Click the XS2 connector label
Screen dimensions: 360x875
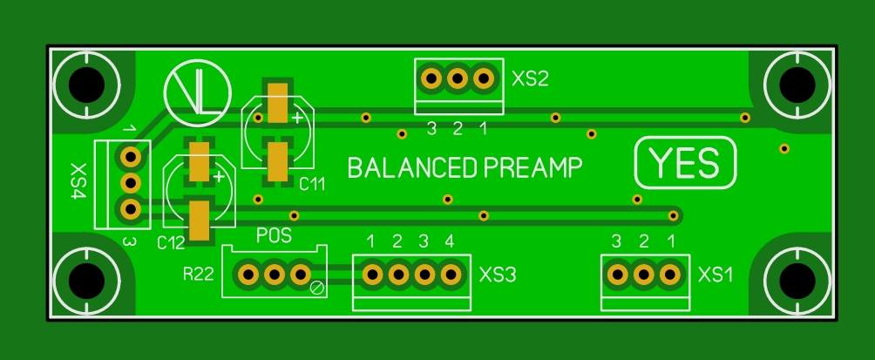click(531, 79)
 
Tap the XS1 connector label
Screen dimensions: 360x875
click(716, 275)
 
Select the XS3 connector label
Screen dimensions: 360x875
click(498, 275)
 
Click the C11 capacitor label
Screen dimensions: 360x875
click(311, 185)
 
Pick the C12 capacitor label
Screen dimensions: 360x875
click(171, 242)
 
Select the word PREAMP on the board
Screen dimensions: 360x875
click(532, 167)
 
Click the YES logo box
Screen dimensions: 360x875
click(685, 163)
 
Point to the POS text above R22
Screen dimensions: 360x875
click(274, 235)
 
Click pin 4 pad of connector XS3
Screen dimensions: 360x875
click(451, 275)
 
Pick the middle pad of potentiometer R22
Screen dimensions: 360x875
click(275, 275)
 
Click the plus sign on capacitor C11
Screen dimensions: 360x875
click(298, 117)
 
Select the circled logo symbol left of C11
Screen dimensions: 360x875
click(198, 92)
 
